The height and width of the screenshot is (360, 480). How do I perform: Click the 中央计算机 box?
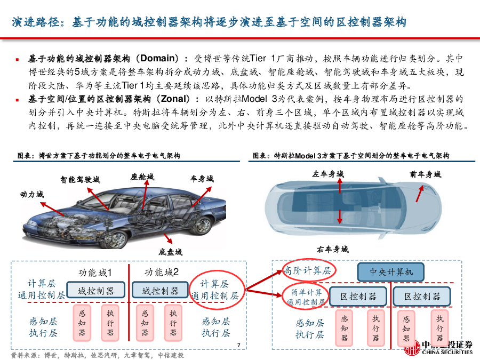point(390,272)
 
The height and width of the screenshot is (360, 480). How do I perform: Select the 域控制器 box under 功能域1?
point(96,290)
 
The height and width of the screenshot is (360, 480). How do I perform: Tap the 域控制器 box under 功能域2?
point(160,290)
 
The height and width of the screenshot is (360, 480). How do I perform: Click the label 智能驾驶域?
point(80,179)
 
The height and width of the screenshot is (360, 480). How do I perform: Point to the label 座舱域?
point(142,177)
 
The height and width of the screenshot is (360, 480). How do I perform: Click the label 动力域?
point(32,194)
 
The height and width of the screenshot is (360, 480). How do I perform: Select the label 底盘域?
point(171,252)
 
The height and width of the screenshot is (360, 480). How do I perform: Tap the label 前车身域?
point(426,174)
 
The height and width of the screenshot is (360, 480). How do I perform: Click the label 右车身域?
point(333,250)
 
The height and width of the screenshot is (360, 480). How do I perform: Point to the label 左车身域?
point(328,174)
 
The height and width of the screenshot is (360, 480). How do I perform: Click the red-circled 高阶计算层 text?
point(307,270)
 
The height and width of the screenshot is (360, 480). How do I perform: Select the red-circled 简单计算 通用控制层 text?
point(306,297)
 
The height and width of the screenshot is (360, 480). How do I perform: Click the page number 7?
point(239,345)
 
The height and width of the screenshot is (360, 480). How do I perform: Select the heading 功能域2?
point(162,272)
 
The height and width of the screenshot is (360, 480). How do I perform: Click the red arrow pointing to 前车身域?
point(420,194)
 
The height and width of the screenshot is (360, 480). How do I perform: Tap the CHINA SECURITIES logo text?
point(447,353)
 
